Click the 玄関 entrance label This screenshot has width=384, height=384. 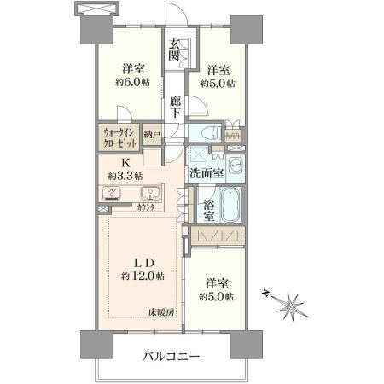173,49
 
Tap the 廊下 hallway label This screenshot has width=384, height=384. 175,108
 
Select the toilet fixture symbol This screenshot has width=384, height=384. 211,133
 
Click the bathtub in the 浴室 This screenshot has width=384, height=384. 230,204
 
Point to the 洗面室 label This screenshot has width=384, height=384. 207,173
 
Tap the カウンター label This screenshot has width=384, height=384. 148,207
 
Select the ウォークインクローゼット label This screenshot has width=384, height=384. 119,137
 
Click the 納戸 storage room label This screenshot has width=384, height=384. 152,135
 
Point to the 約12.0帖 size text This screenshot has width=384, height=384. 143,276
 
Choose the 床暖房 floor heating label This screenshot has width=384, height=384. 160,312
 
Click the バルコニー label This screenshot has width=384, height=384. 172,356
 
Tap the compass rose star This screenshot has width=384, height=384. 291,306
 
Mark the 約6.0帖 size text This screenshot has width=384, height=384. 133,82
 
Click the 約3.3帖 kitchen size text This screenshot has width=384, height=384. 125,176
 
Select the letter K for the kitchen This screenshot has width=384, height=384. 125,163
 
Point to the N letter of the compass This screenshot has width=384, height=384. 265,293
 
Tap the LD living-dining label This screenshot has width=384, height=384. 144,263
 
